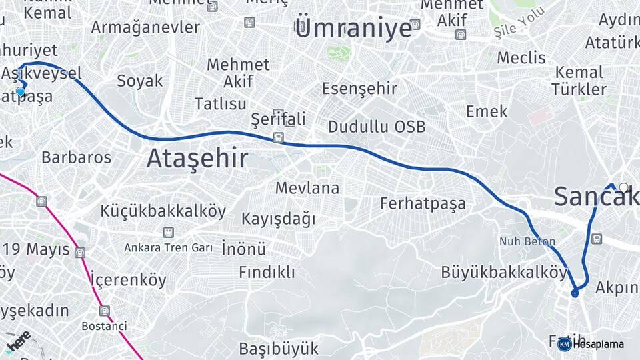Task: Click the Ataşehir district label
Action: click(x=197, y=159)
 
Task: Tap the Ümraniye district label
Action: click(x=353, y=29)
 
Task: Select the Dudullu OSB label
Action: click(x=376, y=127)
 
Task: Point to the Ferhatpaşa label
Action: click(x=423, y=203)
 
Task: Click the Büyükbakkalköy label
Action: click(x=503, y=272)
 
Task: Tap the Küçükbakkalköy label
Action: click(x=163, y=211)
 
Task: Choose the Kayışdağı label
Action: click(x=278, y=219)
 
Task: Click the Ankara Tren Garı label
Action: click(x=168, y=248)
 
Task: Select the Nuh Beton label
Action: click(x=527, y=241)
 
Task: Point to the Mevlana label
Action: click(x=307, y=187)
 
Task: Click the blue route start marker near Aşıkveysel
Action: click(x=21, y=92)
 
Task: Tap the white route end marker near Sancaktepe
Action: click(x=623, y=187)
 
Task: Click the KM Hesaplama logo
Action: click(x=591, y=344)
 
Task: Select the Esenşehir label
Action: click(x=359, y=88)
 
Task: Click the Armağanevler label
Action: click(x=145, y=27)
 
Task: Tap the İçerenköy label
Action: click(x=128, y=279)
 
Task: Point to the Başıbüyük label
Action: click(x=279, y=348)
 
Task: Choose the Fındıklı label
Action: click(x=267, y=272)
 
